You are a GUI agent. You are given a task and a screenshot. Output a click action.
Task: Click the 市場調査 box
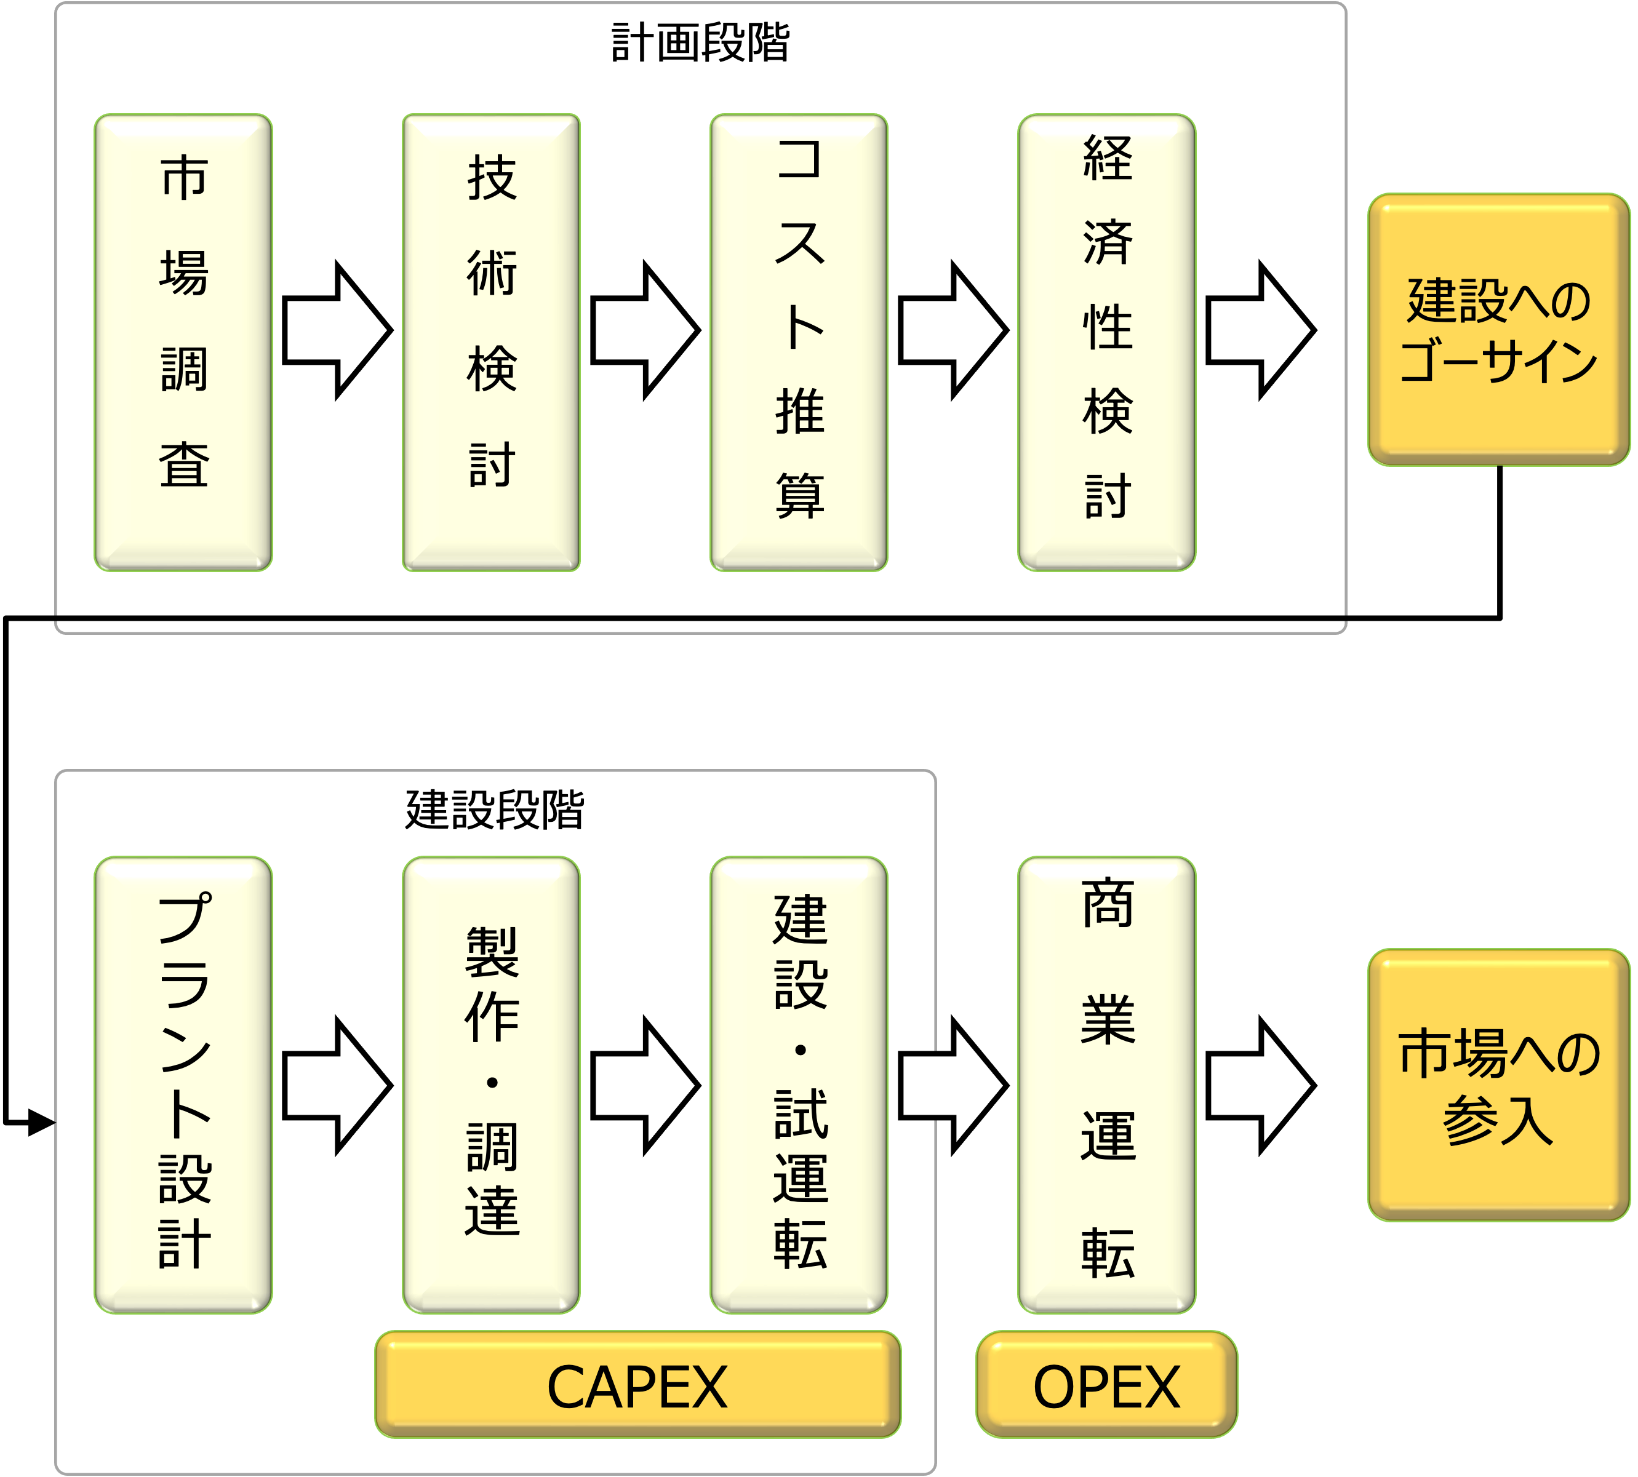click(183, 343)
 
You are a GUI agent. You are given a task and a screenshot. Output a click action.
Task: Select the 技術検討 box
click(491, 343)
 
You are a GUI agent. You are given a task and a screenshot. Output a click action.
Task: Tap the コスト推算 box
click(799, 343)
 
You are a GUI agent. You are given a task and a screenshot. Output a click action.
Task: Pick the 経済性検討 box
click(1106, 343)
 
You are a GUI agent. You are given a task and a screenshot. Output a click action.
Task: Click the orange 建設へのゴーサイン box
click(1498, 330)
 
